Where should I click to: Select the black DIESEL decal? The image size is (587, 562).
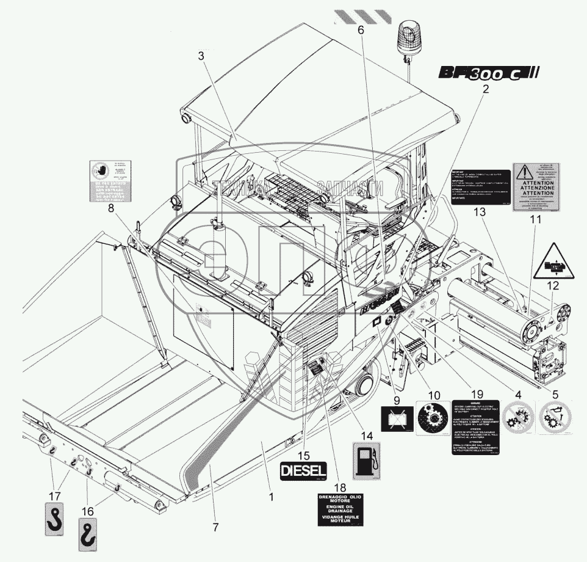tap(304, 470)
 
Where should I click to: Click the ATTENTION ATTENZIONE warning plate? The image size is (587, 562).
tap(535, 187)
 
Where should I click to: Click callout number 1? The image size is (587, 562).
tap(271, 497)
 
